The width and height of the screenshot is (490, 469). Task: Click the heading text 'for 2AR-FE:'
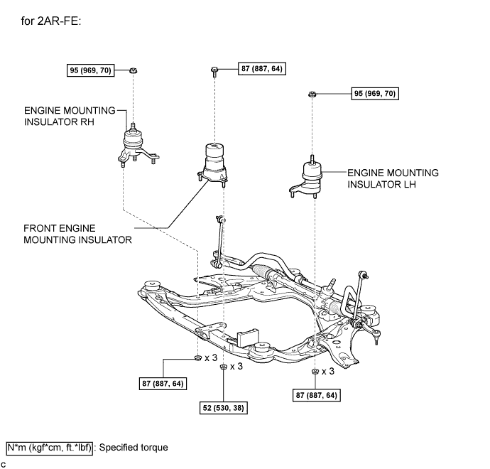click(52, 21)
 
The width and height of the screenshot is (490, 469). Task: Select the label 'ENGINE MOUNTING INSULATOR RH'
click(70, 117)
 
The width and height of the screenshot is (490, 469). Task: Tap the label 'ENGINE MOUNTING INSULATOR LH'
click(393, 178)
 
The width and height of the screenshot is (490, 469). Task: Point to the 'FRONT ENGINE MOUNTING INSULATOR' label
click(77, 234)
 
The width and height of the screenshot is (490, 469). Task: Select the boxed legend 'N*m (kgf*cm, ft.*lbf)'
click(49, 448)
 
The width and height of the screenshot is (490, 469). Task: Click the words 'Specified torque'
click(134, 448)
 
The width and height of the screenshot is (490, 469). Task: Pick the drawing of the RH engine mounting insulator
click(133, 149)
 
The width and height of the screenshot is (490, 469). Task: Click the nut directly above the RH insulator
click(134, 71)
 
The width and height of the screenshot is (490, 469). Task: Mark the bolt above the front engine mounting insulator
click(214, 70)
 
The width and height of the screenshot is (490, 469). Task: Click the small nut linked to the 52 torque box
click(223, 367)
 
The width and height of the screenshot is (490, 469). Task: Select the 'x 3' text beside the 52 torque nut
click(236, 367)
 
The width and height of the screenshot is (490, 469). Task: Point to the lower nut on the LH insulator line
click(313, 372)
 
